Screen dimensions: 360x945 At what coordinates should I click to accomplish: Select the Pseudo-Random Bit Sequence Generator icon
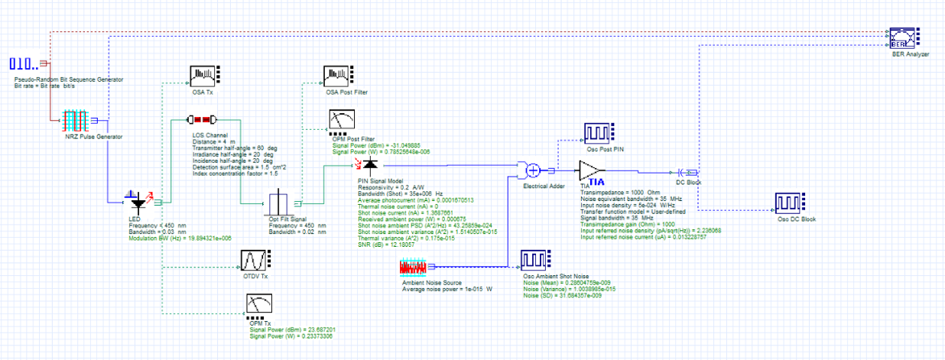[x=24, y=63]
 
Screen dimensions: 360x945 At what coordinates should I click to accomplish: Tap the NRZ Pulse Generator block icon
[x=76, y=121]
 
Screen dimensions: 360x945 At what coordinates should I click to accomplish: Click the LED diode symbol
[x=139, y=203]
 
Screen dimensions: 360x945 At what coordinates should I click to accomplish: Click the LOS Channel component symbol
[x=204, y=120]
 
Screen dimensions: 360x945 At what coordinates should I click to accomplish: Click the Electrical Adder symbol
[x=534, y=170]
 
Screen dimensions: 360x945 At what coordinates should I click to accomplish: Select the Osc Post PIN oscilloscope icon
[x=598, y=132]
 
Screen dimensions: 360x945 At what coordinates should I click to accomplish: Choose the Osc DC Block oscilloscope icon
[x=791, y=203]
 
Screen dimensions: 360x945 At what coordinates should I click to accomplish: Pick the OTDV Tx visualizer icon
[x=254, y=261]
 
